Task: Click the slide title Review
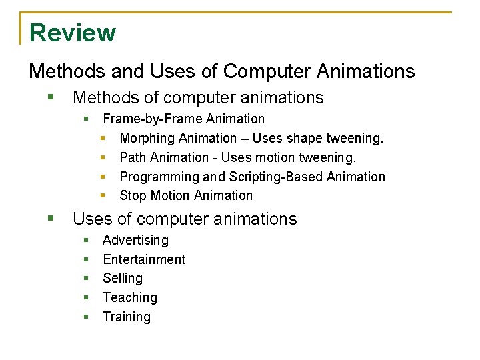tap(73, 33)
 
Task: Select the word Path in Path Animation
tap(131, 157)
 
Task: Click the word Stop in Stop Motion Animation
tap(132, 195)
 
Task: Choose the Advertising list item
tap(135, 240)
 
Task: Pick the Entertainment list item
tap(144, 259)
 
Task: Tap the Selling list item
tap(123, 278)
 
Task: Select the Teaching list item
tap(130, 297)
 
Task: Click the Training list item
tap(127, 317)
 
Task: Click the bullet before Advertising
tap(86, 240)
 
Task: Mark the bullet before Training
tap(86, 317)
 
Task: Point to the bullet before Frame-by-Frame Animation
tap(86, 119)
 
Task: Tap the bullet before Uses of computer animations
tap(51, 219)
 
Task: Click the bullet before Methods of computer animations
tap(51, 97)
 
